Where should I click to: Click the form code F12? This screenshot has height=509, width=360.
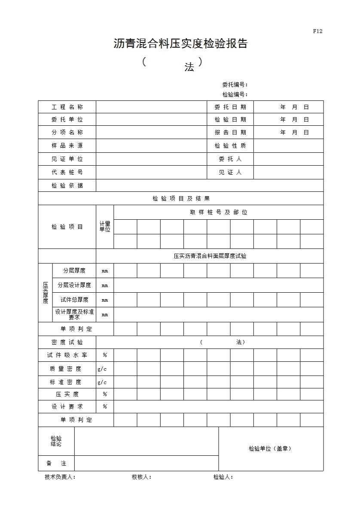coord(317,31)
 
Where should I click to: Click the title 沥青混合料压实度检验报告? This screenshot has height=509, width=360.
coord(180,44)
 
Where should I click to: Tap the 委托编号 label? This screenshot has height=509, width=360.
coord(235,85)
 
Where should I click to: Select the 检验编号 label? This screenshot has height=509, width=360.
coord(235,94)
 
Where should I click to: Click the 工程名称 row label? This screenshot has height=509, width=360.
coord(67,107)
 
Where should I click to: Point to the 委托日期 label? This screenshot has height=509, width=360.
coord(230,107)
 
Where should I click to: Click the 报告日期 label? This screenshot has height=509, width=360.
coord(230,132)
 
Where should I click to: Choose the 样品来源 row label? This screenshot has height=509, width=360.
coord(67,145)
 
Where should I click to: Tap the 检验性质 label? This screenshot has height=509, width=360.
coord(230,145)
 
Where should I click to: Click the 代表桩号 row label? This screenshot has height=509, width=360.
coord(67,172)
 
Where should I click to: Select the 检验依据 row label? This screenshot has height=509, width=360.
coord(67,185)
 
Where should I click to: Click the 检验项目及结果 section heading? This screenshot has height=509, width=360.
coord(181,198)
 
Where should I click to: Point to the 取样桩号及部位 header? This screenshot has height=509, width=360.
coord(219,212)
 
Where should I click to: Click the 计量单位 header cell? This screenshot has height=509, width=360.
coord(105,227)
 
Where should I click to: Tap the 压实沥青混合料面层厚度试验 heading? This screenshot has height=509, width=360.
coord(210,256)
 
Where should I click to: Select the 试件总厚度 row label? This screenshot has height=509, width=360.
coord(74,300)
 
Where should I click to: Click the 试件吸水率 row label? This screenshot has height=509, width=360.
coord(67,355)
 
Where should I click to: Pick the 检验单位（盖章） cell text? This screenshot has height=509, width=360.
coord(271,448)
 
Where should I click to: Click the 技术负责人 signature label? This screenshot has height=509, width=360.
coord(60,477)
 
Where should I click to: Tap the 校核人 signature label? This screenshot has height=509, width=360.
coord(141,477)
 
